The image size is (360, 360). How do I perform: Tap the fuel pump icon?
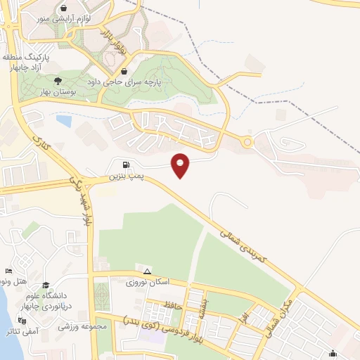point(125,165)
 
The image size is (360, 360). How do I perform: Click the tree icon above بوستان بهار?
point(58,81)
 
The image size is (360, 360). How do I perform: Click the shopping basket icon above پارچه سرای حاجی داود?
point(124,71)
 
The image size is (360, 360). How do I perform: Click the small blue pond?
point(63,121)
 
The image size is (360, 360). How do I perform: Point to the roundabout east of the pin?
point(247,143)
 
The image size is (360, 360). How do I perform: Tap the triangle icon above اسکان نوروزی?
point(147,271)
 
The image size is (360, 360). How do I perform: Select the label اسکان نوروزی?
point(148,283)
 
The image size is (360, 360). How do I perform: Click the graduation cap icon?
point(46,285)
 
